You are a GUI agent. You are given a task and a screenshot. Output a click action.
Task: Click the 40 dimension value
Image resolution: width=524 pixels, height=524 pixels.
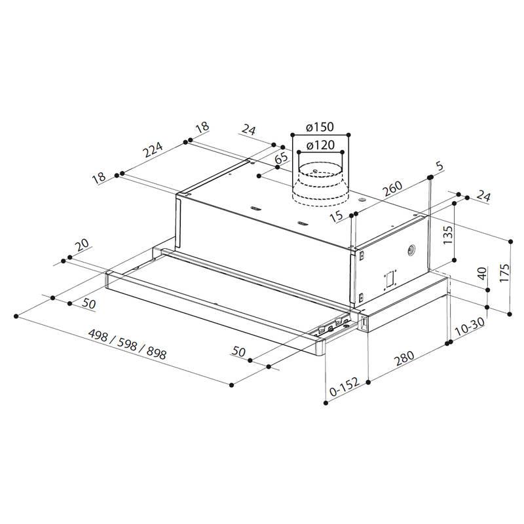483,274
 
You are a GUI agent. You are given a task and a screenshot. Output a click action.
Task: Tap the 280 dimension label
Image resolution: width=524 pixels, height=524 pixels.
407,362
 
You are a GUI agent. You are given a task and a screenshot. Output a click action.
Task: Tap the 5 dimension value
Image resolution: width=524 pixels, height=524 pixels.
439,167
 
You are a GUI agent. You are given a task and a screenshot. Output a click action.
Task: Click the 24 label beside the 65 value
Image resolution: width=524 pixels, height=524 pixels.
248,130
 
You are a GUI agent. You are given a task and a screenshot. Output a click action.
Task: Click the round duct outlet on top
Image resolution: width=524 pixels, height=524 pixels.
320,183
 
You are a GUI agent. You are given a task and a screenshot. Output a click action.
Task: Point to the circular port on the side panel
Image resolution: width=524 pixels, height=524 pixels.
411,249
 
